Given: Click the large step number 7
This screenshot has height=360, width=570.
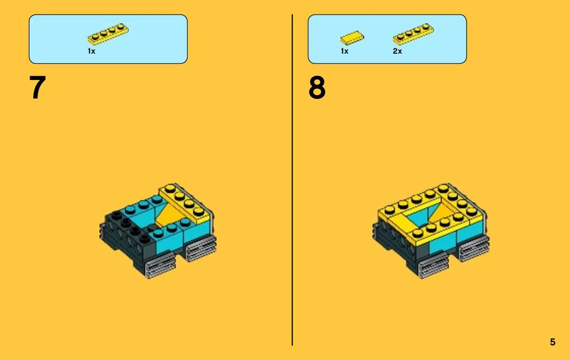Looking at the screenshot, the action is (38, 87).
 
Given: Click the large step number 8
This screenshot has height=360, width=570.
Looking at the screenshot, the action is (317, 87).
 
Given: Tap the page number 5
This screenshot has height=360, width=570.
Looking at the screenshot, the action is (552, 342).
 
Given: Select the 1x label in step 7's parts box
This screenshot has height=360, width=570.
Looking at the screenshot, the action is (91, 51).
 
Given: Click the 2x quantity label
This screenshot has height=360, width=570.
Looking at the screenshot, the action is (397, 51).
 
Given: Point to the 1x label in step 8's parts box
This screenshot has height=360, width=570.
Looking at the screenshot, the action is (344, 51).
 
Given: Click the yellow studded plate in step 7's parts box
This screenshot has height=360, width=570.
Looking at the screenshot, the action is (108, 34).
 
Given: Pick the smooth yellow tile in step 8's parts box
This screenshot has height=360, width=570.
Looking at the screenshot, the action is (352, 38).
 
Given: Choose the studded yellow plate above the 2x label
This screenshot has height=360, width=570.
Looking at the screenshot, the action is (413, 34).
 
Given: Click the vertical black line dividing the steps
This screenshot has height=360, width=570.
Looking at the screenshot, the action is (292, 180).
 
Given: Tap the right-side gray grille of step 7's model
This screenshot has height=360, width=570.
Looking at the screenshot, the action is (201, 248).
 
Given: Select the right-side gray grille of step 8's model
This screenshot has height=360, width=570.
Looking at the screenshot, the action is (474, 248).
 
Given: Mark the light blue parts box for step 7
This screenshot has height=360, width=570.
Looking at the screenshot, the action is (108, 40).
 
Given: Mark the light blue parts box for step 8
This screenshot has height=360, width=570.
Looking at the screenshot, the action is (387, 40).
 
